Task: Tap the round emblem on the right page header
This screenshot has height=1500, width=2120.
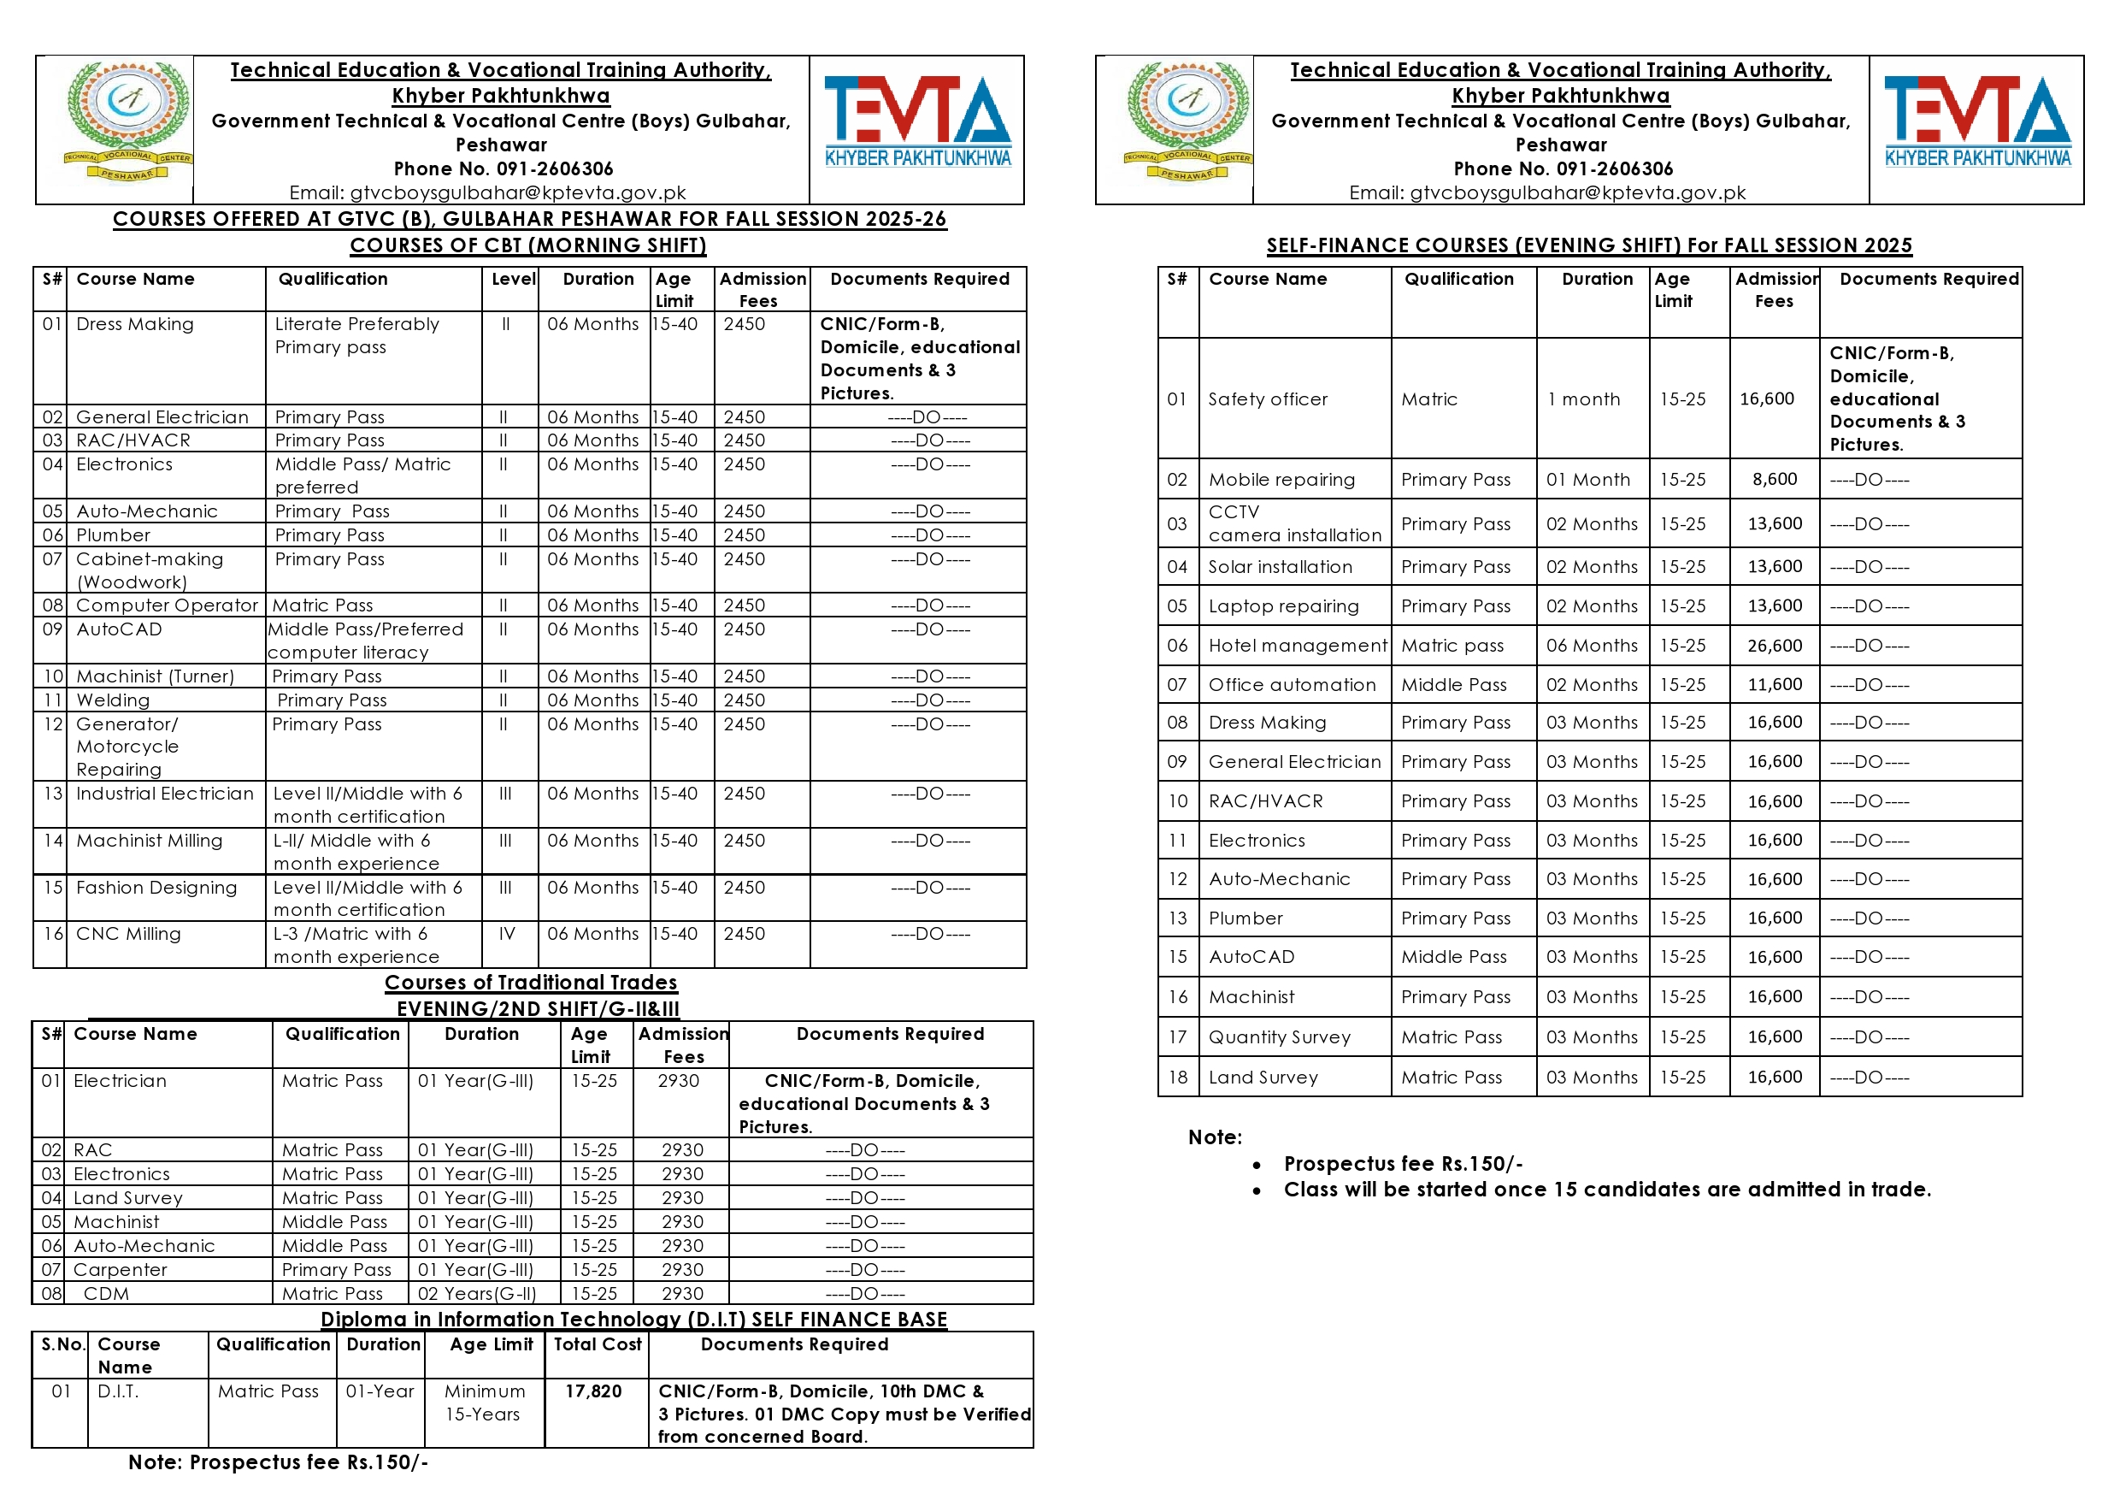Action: [1187, 120]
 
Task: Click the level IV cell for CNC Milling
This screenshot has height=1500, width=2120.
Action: [507, 934]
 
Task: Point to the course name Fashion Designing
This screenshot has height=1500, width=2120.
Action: [156, 888]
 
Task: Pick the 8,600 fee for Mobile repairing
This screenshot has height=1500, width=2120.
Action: [1774, 480]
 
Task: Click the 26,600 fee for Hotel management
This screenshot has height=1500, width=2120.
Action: [1774, 646]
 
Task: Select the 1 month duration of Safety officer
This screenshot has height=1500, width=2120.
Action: [1583, 399]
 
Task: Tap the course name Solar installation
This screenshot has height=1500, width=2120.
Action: [1280, 567]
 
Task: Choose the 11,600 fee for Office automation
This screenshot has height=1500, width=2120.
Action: [1774, 684]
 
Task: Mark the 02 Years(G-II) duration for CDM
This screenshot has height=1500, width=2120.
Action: [476, 1294]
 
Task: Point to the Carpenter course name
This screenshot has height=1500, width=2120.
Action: [120, 1270]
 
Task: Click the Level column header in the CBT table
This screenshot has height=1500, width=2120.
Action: [514, 279]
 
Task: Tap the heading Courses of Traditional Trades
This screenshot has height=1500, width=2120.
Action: [531, 983]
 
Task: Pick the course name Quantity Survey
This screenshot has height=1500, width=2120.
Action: [1279, 1037]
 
